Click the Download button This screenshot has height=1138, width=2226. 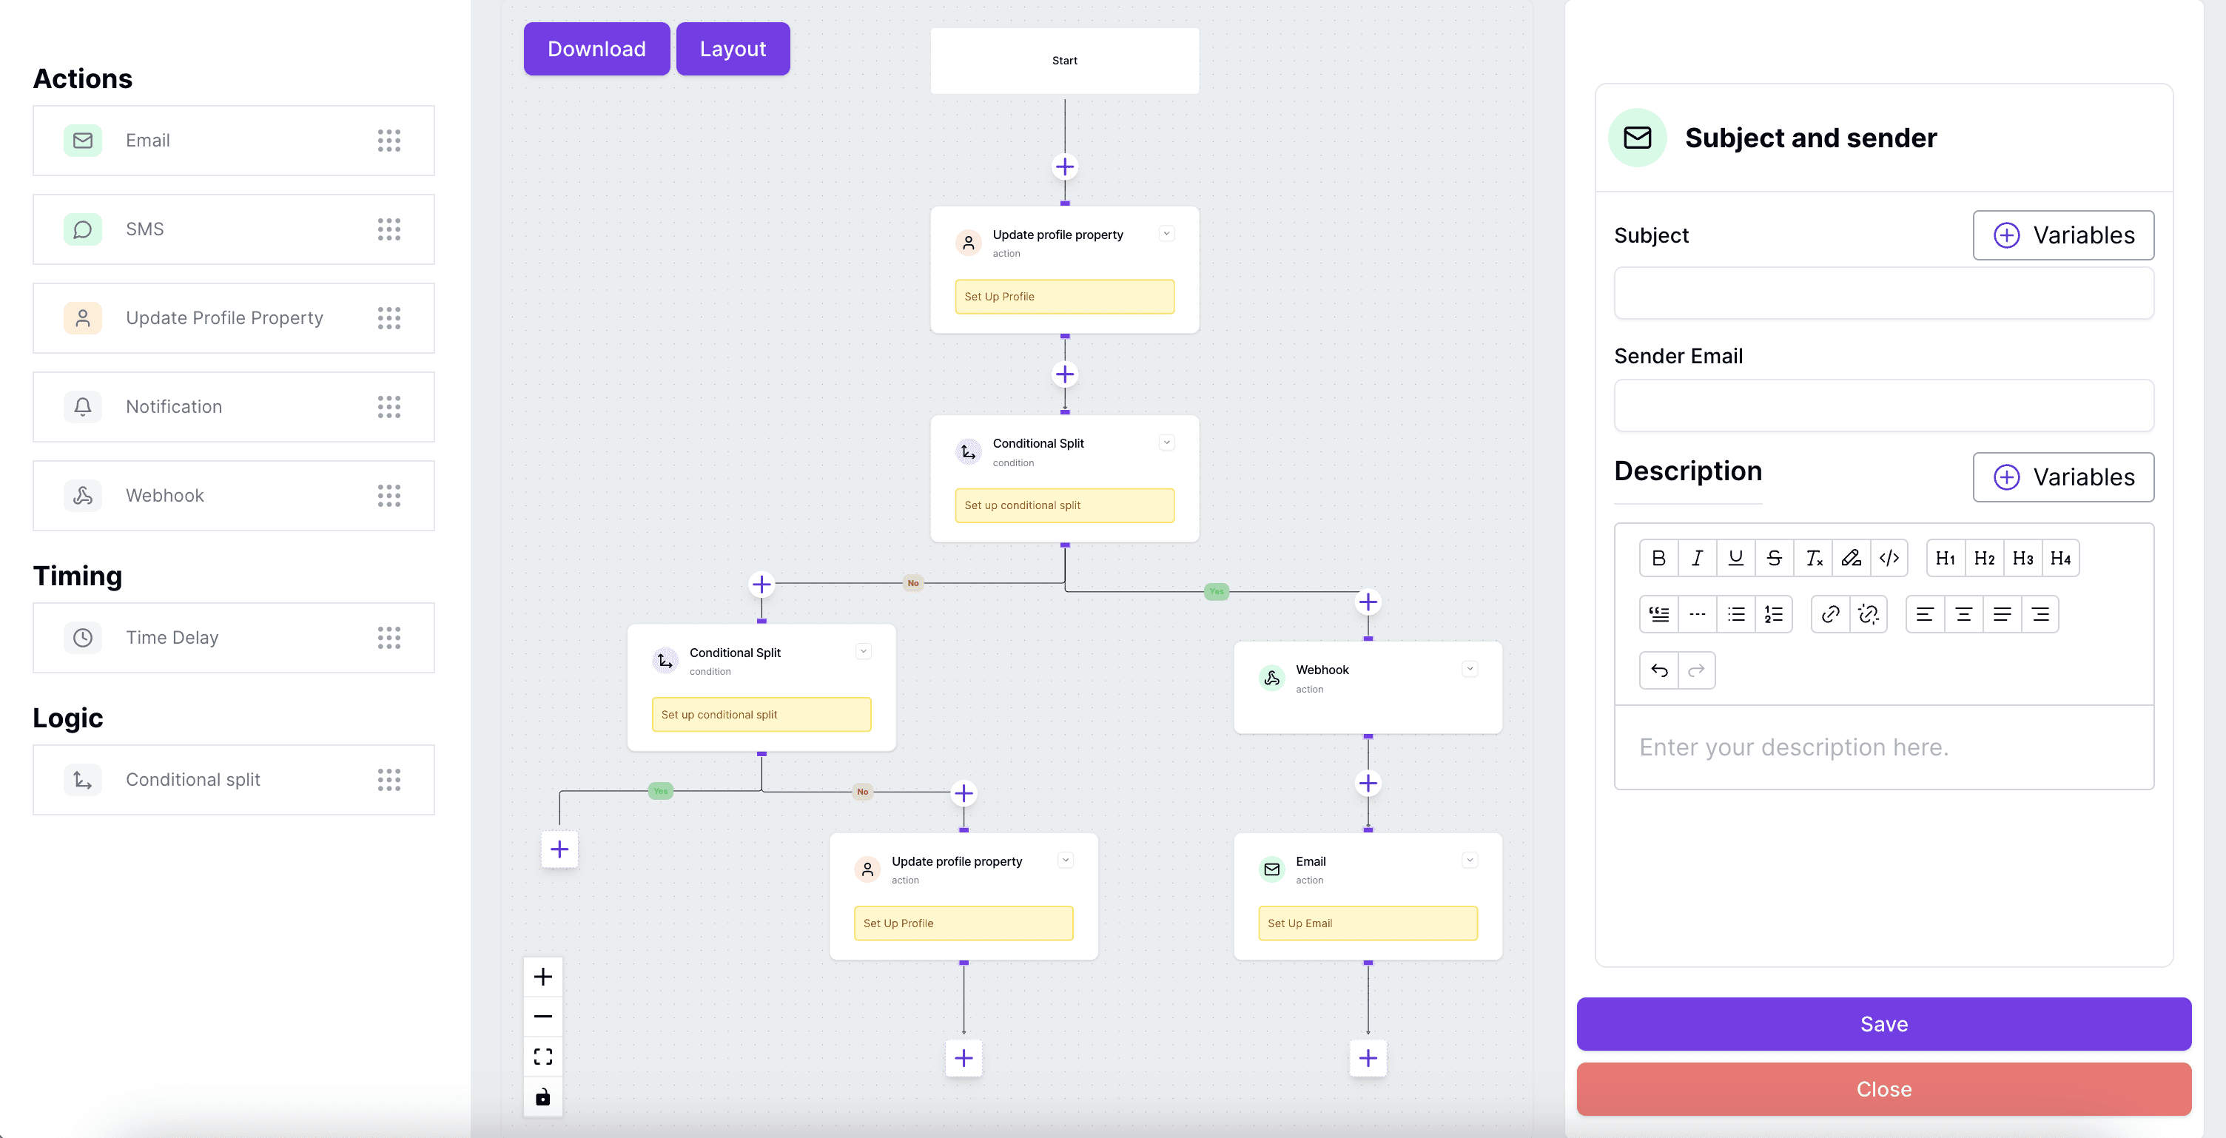click(596, 50)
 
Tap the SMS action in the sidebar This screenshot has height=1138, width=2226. click(233, 229)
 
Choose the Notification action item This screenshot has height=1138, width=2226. click(233, 407)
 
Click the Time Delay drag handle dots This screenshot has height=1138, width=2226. click(389, 638)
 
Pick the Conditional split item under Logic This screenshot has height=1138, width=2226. click(233, 779)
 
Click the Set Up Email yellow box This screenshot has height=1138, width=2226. click(1367, 923)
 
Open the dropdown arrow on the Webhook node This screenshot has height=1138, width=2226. click(1469, 669)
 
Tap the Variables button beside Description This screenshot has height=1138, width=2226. click(2062, 477)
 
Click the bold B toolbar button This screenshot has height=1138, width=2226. click(1658, 558)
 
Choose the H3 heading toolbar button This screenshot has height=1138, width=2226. click(2022, 558)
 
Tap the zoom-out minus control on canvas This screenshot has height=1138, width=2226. click(542, 1016)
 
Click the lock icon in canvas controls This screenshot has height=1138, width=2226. click(542, 1097)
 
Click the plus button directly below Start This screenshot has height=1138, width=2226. click(1065, 166)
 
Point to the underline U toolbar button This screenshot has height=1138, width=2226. click(1735, 558)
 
